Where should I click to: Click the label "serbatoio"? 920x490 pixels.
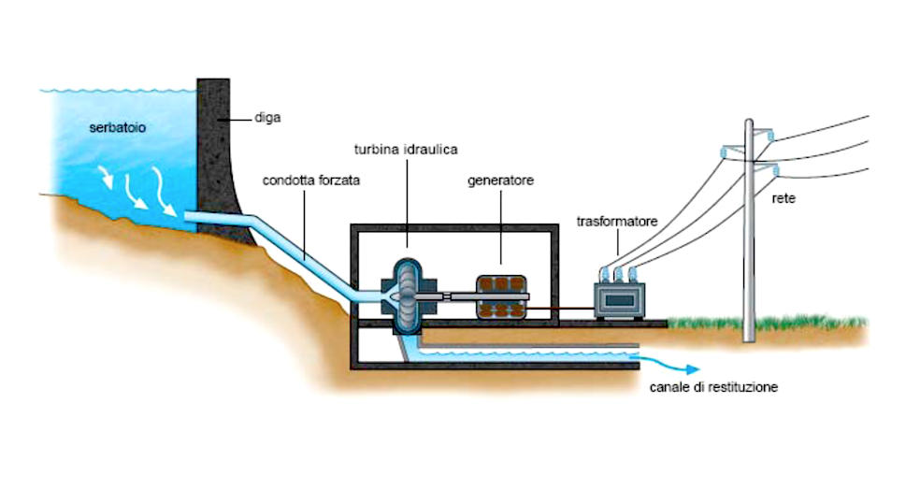[118, 127]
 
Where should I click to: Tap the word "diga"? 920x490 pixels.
[267, 118]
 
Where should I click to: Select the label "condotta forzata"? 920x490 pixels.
[311, 180]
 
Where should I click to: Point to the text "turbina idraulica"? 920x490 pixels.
[406, 150]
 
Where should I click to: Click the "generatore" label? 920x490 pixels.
[500, 180]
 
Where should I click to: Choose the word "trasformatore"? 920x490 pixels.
[617, 222]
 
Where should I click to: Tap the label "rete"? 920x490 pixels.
[783, 198]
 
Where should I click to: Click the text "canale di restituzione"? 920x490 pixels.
[713, 387]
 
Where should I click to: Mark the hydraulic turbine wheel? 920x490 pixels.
[406, 297]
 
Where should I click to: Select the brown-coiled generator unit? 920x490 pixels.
[500, 297]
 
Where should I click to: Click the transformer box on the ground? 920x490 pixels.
[620, 300]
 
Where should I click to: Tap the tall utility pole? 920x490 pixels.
[749, 230]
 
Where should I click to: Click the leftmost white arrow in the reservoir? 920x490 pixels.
[106, 177]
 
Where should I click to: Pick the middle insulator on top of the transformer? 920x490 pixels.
[618, 275]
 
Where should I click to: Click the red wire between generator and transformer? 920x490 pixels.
[560, 307]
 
